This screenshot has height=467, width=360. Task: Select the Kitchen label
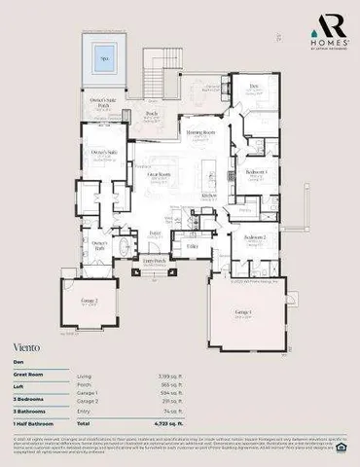click(x=210, y=195)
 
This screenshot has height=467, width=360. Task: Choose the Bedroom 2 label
click(x=255, y=236)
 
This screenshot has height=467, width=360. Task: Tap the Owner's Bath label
click(x=98, y=243)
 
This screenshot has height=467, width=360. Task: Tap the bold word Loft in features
click(x=19, y=384)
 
